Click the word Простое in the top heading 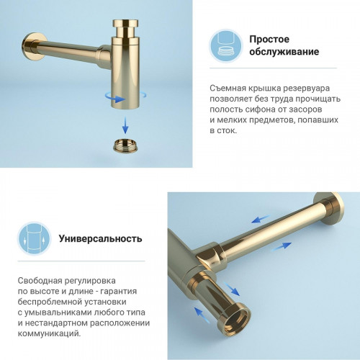[x=270, y=39]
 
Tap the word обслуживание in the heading [x=284, y=53]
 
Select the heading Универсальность [x=100, y=238]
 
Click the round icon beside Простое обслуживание [x=224, y=45]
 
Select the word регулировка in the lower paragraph [x=96, y=280]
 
